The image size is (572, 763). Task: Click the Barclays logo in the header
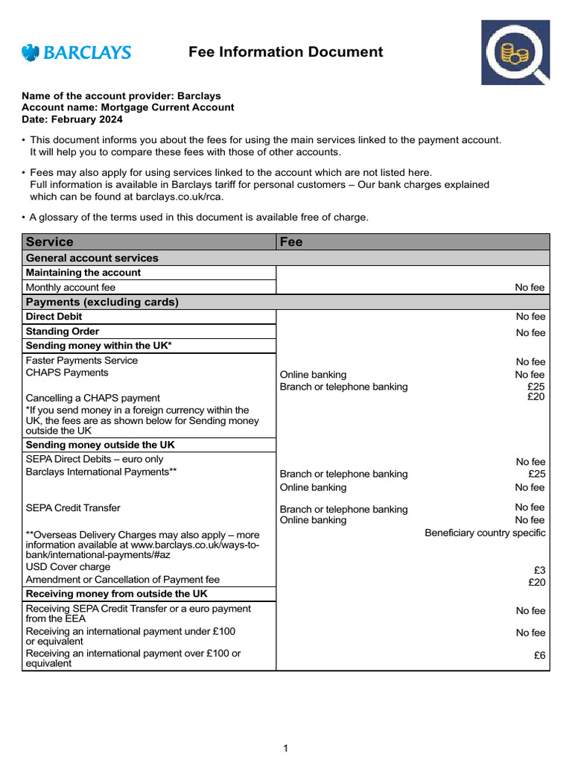click(x=77, y=52)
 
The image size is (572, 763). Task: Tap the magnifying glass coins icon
click(x=515, y=52)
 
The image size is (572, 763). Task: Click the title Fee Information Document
click(x=285, y=52)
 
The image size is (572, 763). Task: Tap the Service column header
click(x=50, y=242)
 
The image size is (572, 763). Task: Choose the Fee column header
click(x=291, y=242)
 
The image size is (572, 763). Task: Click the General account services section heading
click(x=92, y=258)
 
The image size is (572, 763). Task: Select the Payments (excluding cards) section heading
click(x=102, y=302)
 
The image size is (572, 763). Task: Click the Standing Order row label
click(x=63, y=332)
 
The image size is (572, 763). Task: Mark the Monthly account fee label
click(x=71, y=287)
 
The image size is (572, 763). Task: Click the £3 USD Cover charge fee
click(x=538, y=570)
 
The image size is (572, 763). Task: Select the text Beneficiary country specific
click(x=485, y=533)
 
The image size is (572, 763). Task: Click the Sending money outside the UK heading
click(x=101, y=445)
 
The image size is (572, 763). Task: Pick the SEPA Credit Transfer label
click(x=73, y=508)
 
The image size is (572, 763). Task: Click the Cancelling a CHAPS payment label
click(x=93, y=398)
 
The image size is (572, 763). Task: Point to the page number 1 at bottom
click(x=285, y=749)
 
